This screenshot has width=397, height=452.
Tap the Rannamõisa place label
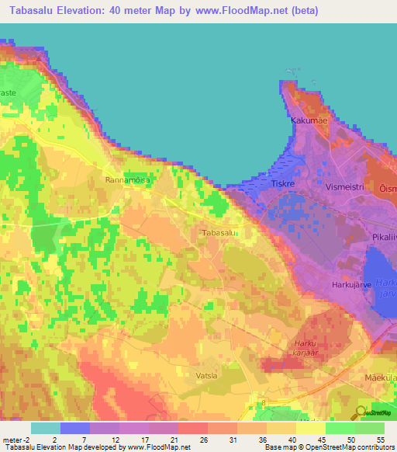[127, 179]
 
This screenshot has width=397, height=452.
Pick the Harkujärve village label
[353, 283]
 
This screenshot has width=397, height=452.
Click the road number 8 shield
[263, 402]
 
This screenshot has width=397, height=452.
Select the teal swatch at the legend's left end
[46, 428]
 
